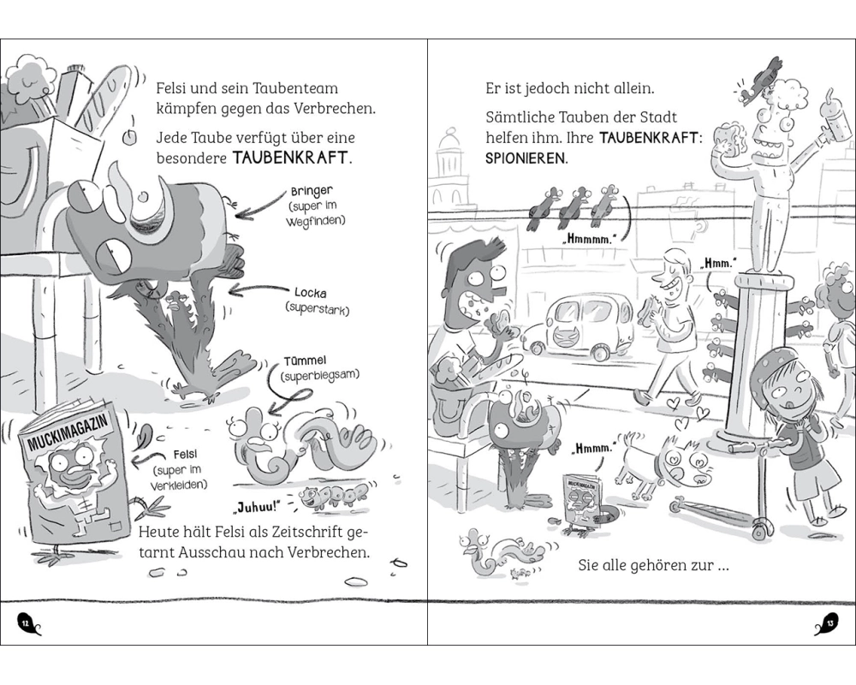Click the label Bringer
click(x=312, y=192)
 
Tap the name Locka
click(x=311, y=294)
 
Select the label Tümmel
click(x=306, y=361)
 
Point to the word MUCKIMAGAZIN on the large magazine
click(x=67, y=432)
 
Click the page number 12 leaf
click(x=27, y=622)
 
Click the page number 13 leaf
click(x=827, y=622)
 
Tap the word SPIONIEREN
click(x=526, y=159)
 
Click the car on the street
click(x=579, y=325)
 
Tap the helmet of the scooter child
click(x=774, y=366)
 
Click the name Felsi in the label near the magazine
click(x=185, y=455)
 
